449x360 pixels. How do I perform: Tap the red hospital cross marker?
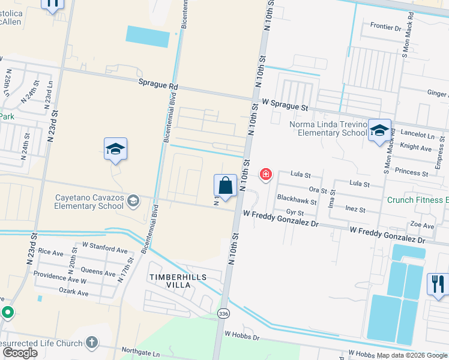pyautogui.click(x=265, y=175)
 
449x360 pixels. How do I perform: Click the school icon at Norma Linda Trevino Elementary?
pyautogui.click(x=379, y=131)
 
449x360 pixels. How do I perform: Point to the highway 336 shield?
pyautogui.click(x=223, y=314)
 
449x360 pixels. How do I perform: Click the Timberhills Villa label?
pyautogui.click(x=178, y=281)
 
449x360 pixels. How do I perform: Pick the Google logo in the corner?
pyautogui.click(x=20, y=353)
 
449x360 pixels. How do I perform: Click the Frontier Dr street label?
pyautogui.click(x=385, y=27)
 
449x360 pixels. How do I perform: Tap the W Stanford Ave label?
pyautogui.click(x=104, y=247)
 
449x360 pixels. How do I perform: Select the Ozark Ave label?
pyautogui.click(x=73, y=293)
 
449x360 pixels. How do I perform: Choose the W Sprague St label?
pyautogui.click(x=285, y=106)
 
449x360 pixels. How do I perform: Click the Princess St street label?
pyautogui.click(x=411, y=172)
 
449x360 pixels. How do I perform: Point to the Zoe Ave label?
pyautogui.click(x=421, y=226)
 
